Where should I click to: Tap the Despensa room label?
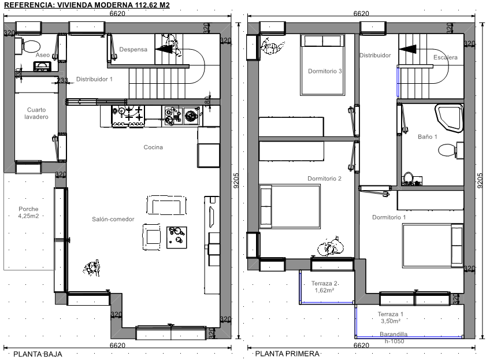point(133,50)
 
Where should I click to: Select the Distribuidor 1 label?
point(94,79)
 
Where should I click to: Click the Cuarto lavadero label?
point(36,113)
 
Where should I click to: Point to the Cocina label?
point(153,147)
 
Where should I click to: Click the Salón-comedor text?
point(113,220)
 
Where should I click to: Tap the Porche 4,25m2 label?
point(28,213)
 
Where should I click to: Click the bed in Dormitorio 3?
point(322,65)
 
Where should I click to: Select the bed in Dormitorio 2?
point(290,206)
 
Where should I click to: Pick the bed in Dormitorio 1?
point(433,246)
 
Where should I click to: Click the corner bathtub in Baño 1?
point(448,118)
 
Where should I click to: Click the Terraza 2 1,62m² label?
point(325,287)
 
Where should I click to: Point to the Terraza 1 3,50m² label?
point(391,318)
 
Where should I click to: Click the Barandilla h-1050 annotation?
point(394,337)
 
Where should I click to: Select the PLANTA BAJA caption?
point(38,354)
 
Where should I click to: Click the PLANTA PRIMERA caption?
point(287,354)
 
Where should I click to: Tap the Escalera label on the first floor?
point(446,57)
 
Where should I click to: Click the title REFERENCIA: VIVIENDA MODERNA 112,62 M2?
point(87,5)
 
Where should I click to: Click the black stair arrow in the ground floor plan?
point(164,49)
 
